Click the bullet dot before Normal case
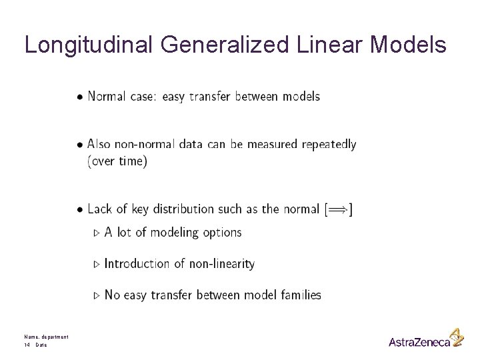(80, 97)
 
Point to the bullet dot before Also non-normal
(80, 145)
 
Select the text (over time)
(117, 162)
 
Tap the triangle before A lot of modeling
(97, 233)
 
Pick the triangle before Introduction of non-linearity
(97, 264)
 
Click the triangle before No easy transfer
(97, 295)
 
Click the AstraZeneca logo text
(419, 342)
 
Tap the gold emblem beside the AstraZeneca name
(457, 337)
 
